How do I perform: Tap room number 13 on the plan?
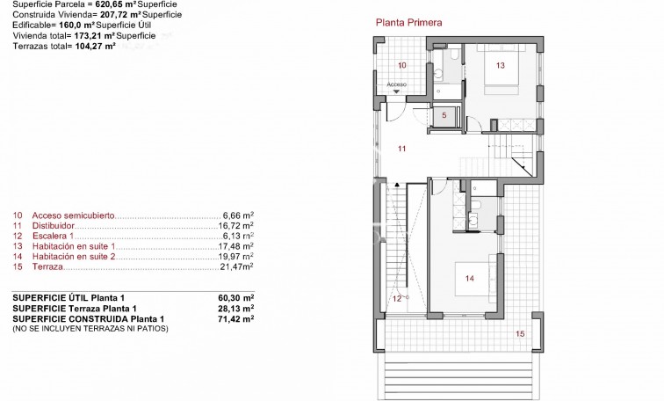point(500,65)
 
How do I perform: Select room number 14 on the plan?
point(469,279)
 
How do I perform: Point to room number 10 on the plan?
point(401,65)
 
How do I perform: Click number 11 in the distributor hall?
point(401,149)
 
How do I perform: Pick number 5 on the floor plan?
point(444,115)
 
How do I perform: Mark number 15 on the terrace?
point(519,333)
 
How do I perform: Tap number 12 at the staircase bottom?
point(396,298)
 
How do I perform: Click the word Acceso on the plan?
point(397,84)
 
